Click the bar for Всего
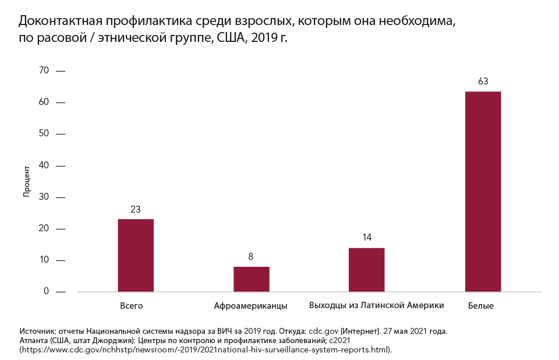(x=136, y=255)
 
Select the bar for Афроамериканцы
(x=251, y=279)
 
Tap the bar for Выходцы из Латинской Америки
(x=366, y=270)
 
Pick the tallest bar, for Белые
(x=483, y=192)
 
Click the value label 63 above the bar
(x=483, y=82)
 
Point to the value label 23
(x=136, y=209)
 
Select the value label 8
(x=251, y=256)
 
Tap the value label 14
(x=366, y=238)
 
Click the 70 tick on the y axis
(x=44, y=70)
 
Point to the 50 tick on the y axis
(x=44, y=134)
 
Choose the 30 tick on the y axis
(x=44, y=197)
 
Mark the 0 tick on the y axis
(x=46, y=291)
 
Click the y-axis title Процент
(x=26, y=181)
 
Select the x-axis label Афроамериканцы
(x=250, y=306)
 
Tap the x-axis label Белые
(x=481, y=306)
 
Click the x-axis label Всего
(x=132, y=306)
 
